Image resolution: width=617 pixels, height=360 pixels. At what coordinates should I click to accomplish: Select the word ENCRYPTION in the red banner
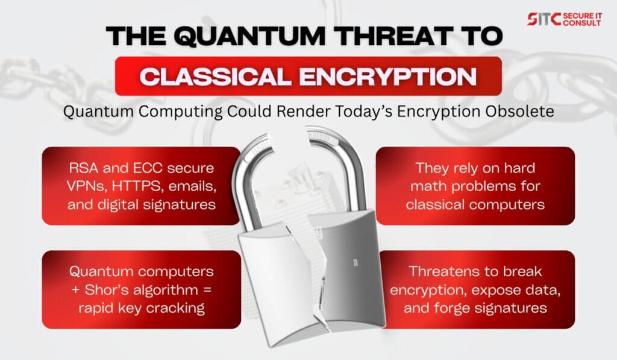click(388, 77)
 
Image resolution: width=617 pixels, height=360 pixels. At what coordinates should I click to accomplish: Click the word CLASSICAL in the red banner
click(215, 77)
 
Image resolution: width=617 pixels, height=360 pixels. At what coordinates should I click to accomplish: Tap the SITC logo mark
click(544, 19)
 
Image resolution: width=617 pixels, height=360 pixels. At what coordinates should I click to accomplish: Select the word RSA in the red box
click(83, 168)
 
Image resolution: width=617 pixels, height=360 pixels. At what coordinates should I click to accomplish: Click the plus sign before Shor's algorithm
click(76, 290)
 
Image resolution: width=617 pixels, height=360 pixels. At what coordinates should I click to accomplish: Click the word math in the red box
click(428, 186)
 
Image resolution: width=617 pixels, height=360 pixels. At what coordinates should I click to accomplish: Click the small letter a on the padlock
click(355, 262)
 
